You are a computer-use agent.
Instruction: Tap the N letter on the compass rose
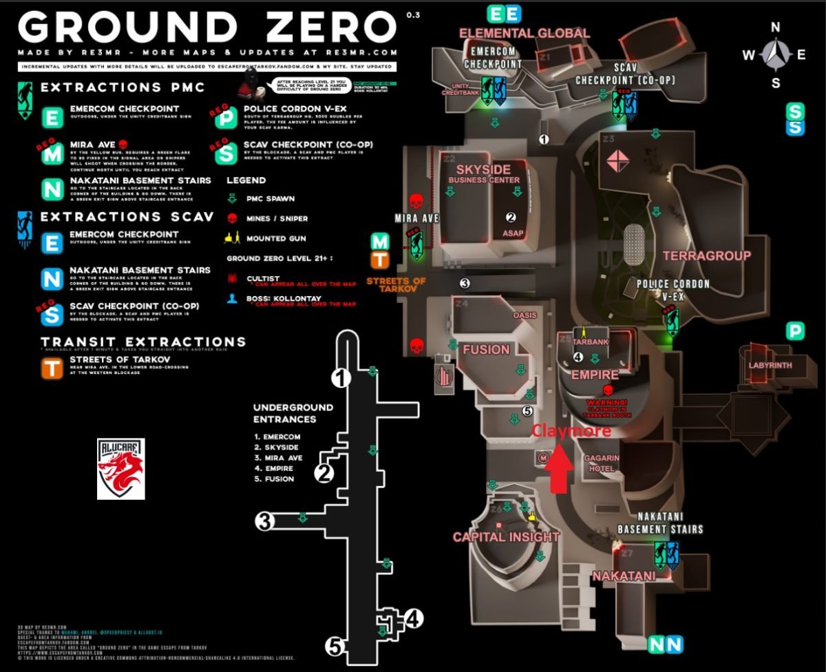(x=775, y=28)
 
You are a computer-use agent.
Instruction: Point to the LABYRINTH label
(x=770, y=365)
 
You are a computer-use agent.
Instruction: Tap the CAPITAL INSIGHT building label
(x=506, y=537)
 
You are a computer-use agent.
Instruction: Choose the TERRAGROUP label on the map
(x=706, y=256)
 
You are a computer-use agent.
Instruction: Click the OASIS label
(x=525, y=315)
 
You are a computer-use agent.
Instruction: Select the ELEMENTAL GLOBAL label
(x=524, y=33)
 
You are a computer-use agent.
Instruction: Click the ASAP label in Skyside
(x=513, y=233)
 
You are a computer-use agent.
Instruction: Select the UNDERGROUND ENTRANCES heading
(x=293, y=412)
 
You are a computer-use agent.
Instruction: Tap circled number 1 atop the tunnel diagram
(x=341, y=377)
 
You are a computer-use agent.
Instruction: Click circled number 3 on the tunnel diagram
(x=264, y=521)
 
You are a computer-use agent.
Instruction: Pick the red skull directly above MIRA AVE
(x=415, y=201)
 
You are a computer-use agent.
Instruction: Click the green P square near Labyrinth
(x=795, y=331)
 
